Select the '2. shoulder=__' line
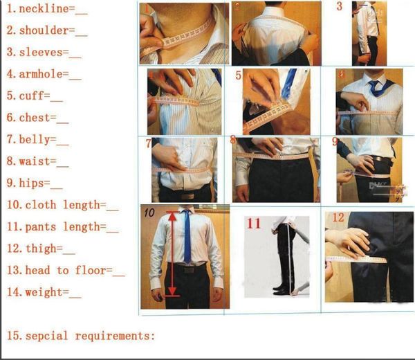47,30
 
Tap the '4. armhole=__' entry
44,73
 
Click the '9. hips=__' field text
35,183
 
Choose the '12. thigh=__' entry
41,249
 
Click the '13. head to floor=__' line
65,271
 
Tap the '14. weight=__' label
44,292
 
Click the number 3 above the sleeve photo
340,7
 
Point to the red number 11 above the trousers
255,223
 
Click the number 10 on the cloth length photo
149,213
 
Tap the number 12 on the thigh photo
338,217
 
